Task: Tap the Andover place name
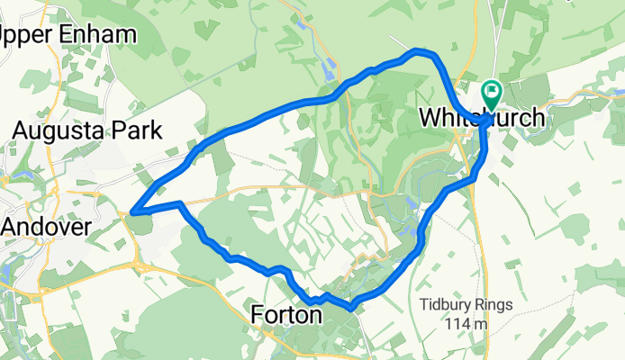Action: pyautogui.click(x=46, y=228)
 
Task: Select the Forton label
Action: pyautogui.click(x=285, y=316)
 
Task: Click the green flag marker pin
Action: pyautogui.click(x=492, y=92)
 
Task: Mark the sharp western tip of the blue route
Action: pyautogui.click(x=132, y=212)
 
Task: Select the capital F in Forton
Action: pyautogui.click(x=257, y=316)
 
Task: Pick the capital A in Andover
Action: pyautogui.click(x=12, y=228)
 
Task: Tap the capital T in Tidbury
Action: pyautogui.click(x=423, y=304)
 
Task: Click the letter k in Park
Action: pyautogui.click(x=157, y=130)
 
